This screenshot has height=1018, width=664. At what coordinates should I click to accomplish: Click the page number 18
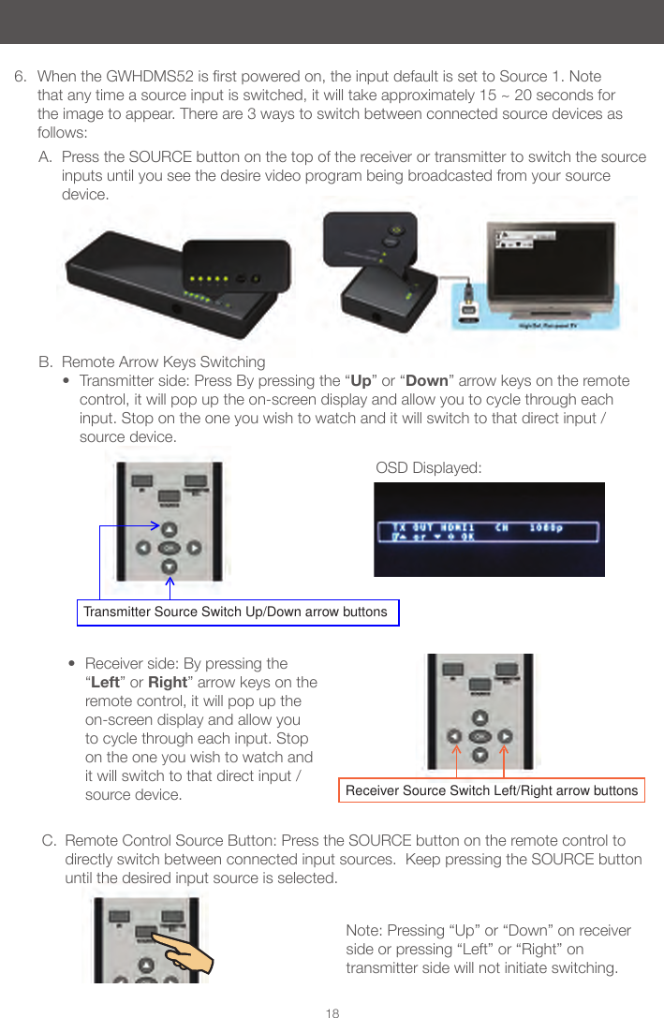tap(332, 1013)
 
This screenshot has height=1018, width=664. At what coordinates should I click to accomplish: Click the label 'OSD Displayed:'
tap(428, 467)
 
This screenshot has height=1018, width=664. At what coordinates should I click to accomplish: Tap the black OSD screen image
tap(489, 529)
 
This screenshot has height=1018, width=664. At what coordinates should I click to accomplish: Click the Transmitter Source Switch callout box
tap(236, 612)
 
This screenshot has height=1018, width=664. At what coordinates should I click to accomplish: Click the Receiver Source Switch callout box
tap(492, 790)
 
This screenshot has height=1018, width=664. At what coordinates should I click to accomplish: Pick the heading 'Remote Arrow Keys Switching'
tap(163, 362)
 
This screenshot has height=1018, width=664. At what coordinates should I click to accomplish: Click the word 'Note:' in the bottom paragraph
tap(365, 930)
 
